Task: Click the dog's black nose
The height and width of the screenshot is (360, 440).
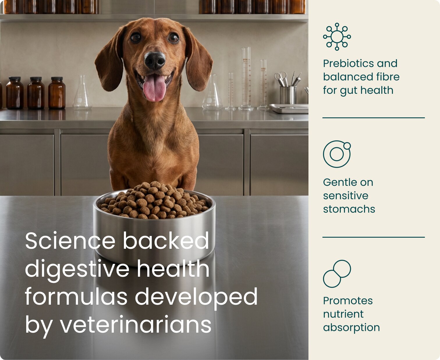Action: pos(155,61)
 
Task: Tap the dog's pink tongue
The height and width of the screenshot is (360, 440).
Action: pos(155,88)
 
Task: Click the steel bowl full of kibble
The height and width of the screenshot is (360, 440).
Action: pos(155,223)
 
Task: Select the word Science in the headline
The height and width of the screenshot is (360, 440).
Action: pos(70,241)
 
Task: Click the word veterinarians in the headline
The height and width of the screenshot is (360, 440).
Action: pos(136,325)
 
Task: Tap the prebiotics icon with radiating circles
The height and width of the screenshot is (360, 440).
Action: pos(337,37)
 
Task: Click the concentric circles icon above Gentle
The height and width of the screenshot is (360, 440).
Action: pos(337,154)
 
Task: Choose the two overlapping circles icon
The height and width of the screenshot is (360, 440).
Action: pos(337,273)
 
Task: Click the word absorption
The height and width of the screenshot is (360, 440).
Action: pos(351,327)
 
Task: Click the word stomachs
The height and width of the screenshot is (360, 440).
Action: pos(349,209)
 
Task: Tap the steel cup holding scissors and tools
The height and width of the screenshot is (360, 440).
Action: pos(288,95)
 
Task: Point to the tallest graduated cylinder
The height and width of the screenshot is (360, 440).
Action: pos(246,78)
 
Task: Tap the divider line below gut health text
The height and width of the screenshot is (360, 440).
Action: pos(373,118)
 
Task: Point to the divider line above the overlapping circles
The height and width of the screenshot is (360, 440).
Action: pos(373,237)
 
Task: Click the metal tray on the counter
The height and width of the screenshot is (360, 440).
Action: pos(289,108)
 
